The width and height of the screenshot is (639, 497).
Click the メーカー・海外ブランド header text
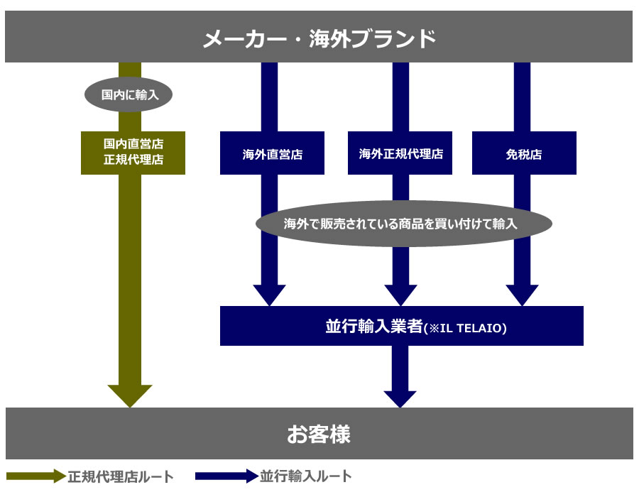pyautogui.click(x=319, y=38)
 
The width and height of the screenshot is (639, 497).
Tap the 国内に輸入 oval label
pyautogui.click(x=129, y=94)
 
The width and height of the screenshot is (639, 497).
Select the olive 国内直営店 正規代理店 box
pyautogui.click(x=133, y=153)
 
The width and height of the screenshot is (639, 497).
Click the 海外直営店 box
pyautogui.click(x=272, y=153)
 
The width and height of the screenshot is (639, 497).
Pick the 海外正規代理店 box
pyautogui.click(x=400, y=153)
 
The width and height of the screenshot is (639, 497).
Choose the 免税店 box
pyautogui.click(x=524, y=153)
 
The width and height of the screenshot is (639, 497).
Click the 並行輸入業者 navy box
pyautogui.click(x=401, y=326)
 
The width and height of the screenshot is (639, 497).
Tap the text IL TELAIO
pyautogui.click(x=474, y=328)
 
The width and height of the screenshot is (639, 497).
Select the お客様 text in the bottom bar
pyautogui.click(x=319, y=434)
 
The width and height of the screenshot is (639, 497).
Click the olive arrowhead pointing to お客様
pyautogui.click(x=130, y=395)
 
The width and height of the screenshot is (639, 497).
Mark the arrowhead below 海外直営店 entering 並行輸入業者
pyautogui.click(x=269, y=295)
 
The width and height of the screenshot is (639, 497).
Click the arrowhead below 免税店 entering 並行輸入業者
pyautogui.click(x=522, y=295)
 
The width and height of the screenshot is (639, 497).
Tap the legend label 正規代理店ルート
pyautogui.click(x=121, y=476)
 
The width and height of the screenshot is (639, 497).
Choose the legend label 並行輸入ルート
pyautogui.click(x=306, y=476)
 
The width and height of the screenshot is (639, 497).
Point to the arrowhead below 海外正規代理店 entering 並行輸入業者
pyautogui.click(x=400, y=295)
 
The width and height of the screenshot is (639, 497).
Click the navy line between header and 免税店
pyautogui.click(x=522, y=97)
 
